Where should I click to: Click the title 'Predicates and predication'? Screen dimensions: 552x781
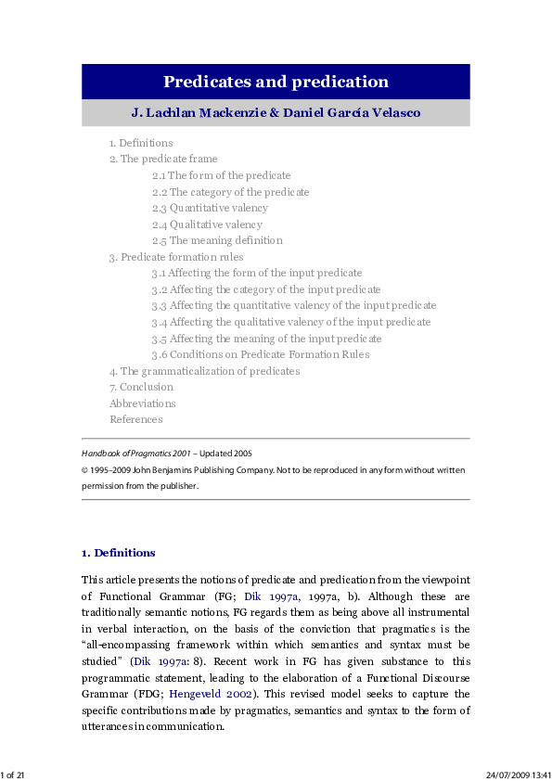(276, 82)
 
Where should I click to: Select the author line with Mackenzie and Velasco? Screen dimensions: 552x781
(276, 113)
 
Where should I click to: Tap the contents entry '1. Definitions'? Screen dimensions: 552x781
(141, 143)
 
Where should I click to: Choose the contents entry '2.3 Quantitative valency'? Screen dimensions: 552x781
(219, 208)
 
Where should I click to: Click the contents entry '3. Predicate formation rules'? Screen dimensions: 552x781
(176, 257)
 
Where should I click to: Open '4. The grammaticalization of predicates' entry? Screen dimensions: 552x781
(204, 371)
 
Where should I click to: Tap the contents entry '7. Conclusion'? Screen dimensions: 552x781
(141, 387)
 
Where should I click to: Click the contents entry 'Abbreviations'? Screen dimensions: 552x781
(142, 403)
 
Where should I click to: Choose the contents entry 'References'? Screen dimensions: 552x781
(135, 419)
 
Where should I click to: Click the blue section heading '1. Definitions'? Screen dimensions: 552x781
(119, 553)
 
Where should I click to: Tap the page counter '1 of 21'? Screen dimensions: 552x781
(13, 774)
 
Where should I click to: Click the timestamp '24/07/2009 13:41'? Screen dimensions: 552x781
(518, 774)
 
